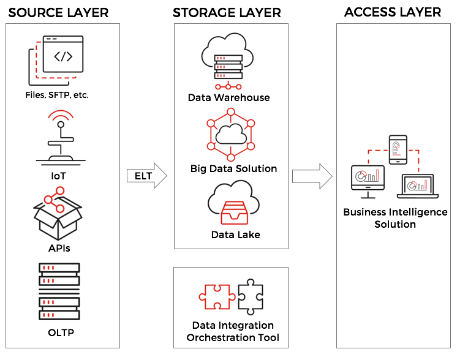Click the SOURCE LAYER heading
click(x=58, y=13)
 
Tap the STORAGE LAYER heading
click(x=227, y=13)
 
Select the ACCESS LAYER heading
click(x=393, y=13)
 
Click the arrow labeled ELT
click(x=147, y=176)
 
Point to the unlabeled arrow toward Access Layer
click(x=312, y=176)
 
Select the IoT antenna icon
click(x=61, y=138)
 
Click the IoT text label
click(x=59, y=176)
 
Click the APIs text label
click(x=59, y=249)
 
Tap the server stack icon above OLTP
click(x=59, y=291)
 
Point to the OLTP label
click(x=59, y=333)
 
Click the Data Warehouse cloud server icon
click(x=228, y=62)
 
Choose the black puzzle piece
click(x=250, y=297)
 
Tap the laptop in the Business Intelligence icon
click(x=417, y=186)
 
